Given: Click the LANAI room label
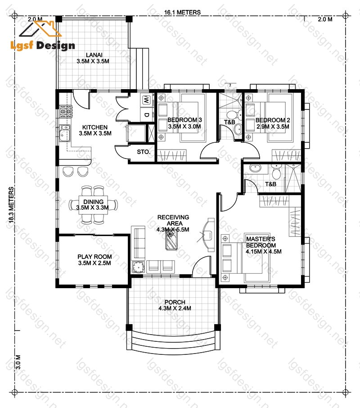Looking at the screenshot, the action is coord(94,55).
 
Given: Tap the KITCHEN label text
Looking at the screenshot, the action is coord(95,127).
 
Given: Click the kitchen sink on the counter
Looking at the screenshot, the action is coord(64,133).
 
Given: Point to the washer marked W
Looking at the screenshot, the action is coord(146,100).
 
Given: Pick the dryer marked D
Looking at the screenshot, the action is coord(146,114).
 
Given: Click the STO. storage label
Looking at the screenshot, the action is coord(144,152).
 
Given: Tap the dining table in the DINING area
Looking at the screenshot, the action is coord(93,205).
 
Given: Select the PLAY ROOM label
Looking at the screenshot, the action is coord(94,257).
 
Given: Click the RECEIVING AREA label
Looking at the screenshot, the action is coord(173,220).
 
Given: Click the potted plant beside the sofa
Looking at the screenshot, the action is coord(138,267).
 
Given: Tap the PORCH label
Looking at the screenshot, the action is coord(175,302).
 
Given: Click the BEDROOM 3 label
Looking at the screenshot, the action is coord(184,120).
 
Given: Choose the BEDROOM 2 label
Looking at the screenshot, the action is coord(273,120).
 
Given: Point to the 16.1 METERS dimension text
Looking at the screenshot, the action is coord(182,12).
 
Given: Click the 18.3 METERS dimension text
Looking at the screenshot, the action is coord(11,205).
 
